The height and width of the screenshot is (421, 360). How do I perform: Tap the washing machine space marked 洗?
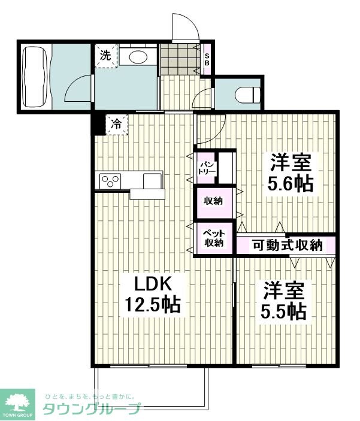click(105, 57)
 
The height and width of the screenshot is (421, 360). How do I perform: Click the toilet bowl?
click(247, 95)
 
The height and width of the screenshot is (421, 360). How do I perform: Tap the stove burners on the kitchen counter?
click(111, 180)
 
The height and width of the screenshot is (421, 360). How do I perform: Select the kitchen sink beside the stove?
click(152, 180)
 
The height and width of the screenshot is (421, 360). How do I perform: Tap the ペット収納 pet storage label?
click(212, 237)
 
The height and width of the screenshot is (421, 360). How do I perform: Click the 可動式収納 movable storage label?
click(287, 244)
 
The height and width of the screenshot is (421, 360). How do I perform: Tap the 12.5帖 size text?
click(153, 305)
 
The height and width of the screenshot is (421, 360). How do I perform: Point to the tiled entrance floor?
click(179, 58)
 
